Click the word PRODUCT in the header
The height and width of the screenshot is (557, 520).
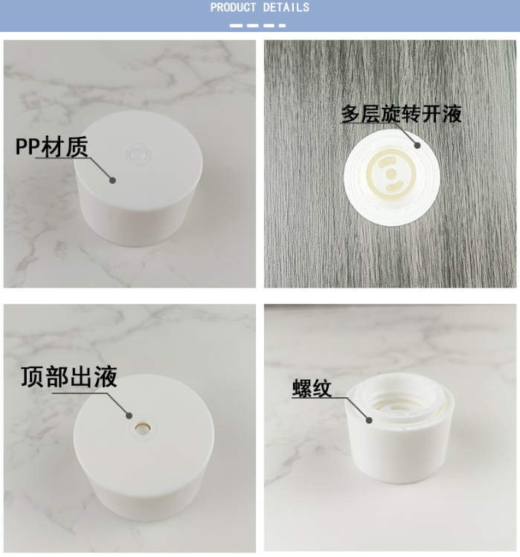tap(234, 7)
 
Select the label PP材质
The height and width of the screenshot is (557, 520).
tap(51, 147)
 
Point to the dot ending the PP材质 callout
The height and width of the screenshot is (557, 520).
tap(112, 178)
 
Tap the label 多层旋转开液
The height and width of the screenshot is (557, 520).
tap(401, 114)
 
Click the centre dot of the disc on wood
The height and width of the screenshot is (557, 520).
tap(391, 173)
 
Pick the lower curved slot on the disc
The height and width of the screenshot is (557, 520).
tap(391, 187)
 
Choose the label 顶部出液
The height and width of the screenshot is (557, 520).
tap(68, 376)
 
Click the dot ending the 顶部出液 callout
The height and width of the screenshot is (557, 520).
tap(129, 417)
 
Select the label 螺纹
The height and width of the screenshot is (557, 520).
tap(311, 388)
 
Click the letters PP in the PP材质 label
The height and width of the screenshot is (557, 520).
tap(27, 147)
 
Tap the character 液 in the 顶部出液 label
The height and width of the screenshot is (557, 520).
tap(105, 376)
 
